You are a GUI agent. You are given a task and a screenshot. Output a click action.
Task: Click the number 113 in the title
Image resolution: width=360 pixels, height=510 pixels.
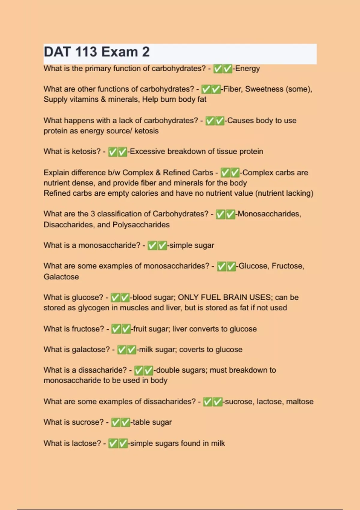point(86,52)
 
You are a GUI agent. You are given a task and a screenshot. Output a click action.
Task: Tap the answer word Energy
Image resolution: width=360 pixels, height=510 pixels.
point(247,69)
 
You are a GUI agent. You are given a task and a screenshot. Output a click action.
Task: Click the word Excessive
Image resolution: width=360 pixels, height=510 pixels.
point(147,151)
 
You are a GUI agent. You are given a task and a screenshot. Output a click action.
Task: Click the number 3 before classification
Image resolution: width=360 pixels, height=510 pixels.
point(93,214)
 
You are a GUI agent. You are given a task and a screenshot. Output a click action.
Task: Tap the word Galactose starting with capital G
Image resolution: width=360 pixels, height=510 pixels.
point(61,277)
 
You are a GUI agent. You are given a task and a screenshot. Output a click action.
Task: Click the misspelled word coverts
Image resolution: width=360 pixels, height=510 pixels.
point(192,349)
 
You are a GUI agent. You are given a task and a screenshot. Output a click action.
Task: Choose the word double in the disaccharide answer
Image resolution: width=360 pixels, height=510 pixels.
point(166,370)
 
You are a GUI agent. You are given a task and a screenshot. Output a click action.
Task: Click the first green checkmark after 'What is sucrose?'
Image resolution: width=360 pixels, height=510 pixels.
point(116,422)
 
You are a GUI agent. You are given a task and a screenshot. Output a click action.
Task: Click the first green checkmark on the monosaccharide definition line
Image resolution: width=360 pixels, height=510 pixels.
point(152,246)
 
